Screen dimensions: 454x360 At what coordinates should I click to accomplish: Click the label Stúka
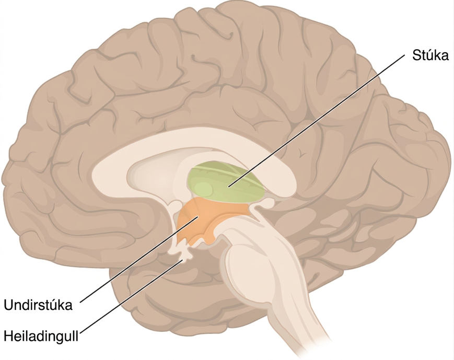point(430,55)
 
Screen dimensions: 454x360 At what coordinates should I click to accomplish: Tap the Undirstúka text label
point(38,305)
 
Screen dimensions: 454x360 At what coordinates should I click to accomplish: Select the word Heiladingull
point(41,336)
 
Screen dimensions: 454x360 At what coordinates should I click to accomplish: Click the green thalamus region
point(226,182)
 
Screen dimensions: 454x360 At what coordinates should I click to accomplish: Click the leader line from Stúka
point(316,121)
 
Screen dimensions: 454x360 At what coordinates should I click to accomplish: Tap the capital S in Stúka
point(416,55)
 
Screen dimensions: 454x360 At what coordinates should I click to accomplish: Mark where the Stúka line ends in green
point(228,188)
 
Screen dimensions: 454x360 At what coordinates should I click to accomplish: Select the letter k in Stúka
point(437,55)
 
